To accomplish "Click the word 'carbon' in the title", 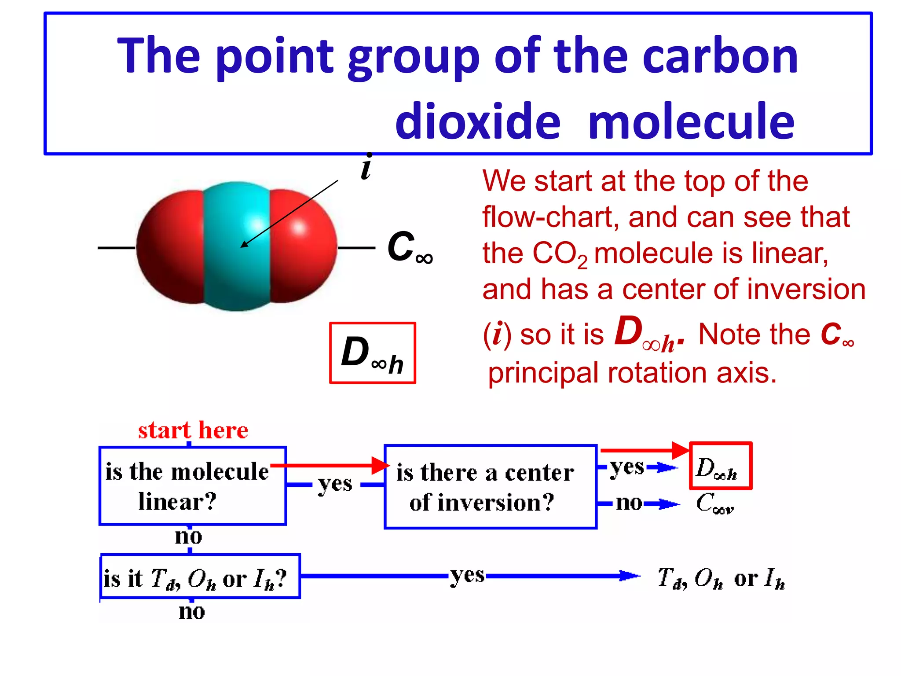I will pyautogui.click(x=720, y=56).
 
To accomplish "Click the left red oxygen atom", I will pyautogui.click(x=169, y=246).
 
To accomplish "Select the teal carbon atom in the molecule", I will pyautogui.click(x=236, y=264).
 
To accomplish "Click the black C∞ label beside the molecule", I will pyautogui.click(x=409, y=248).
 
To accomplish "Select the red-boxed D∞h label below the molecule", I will pyautogui.click(x=372, y=353).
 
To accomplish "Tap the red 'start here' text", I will pyautogui.click(x=193, y=430).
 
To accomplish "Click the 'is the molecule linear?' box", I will pyautogui.click(x=193, y=486).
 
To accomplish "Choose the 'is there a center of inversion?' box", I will pyautogui.click(x=490, y=487).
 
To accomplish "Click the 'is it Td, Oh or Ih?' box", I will pyautogui.click(x=200, y=577).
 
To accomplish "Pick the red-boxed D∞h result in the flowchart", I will pyautogui.click(x=720, y=466).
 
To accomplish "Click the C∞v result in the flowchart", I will pyautogui.click(x=715, y=503).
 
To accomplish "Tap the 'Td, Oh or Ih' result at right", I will pyautogui.click(x=721, y=578).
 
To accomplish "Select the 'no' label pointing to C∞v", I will pyautogui.click(x=629, y=503).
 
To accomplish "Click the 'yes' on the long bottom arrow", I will pyautogui.click(x=467, y=575).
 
